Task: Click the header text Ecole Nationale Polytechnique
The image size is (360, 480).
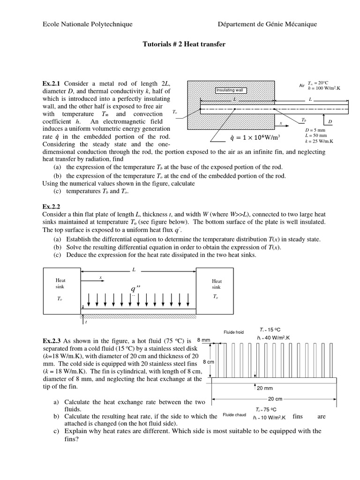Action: click(x=88, y=24)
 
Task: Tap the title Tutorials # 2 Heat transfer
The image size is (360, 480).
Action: click(x=184, y=45)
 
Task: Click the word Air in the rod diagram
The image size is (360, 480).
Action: click(x=302, y=86)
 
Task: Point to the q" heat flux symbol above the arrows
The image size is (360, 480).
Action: click(x=135, y=289)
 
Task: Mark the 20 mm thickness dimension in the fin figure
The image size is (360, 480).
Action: click(x=265, y=388)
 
